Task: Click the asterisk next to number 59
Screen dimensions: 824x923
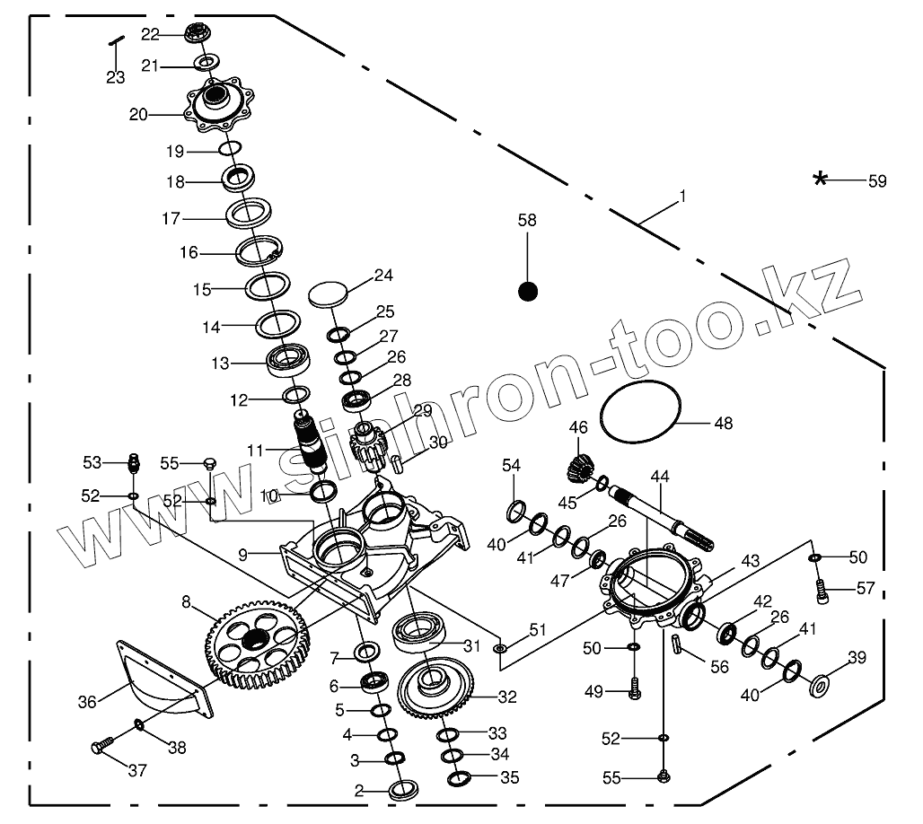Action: (820, 179)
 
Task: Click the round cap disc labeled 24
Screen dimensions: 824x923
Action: (328, 293)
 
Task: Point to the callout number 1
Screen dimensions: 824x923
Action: (682, 196)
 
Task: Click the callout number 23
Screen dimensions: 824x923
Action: (115, 77)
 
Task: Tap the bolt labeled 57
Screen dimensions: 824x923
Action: (820, 591)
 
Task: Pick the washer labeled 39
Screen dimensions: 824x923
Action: (820, 686)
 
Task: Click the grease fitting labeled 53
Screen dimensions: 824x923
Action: (134, 464)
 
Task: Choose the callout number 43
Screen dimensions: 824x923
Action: (750, 561)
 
